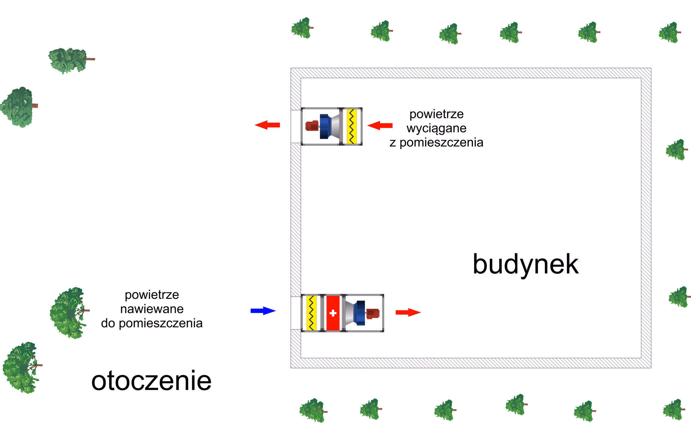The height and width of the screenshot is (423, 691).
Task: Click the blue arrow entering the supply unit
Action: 263,311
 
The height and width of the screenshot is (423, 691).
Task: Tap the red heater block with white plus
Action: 333,313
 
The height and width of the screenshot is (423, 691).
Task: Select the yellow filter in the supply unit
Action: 311,313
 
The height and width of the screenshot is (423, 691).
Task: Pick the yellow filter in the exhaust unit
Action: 352,126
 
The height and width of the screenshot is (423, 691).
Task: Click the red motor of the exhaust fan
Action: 312,126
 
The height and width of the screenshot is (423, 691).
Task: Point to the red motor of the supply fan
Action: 373,314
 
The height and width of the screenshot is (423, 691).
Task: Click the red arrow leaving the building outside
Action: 267,125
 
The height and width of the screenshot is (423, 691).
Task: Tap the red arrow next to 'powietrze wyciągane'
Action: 380,126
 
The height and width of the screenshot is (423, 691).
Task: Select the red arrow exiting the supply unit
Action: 408,312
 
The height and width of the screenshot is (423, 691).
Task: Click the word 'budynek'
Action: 525,264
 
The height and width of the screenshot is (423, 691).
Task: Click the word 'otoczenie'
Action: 151,381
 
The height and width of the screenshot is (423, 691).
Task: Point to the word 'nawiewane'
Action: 152,309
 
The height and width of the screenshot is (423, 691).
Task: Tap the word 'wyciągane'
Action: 436,128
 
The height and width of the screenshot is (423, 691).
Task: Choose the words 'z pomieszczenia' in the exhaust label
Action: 436,142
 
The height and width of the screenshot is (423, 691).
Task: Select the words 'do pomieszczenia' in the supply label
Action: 152,323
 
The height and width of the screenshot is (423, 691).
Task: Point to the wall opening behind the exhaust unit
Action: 295,126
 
